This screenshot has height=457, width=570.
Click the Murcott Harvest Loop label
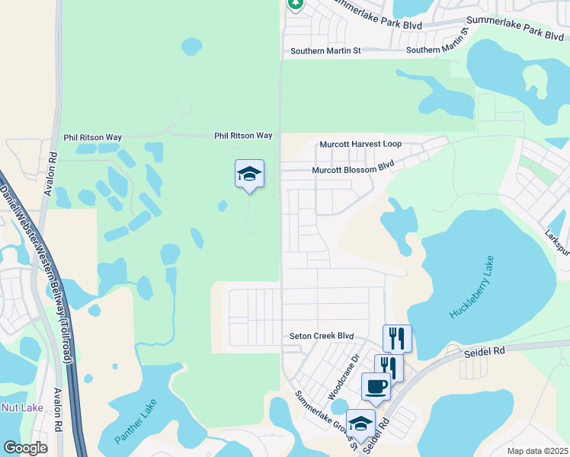[360, 144]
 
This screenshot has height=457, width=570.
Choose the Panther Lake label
[136, 422]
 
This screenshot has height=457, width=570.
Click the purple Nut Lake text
[22, 407]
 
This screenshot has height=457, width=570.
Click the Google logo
[25, 448]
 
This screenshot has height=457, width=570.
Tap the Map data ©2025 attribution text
[537, 451]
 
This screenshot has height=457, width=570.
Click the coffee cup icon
[375, 386]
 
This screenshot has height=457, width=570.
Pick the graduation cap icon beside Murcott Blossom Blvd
[249, 174]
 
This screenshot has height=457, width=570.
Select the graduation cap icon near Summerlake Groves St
[360, 423]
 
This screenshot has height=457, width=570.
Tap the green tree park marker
[296, 4]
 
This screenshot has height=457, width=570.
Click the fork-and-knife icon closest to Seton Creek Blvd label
[397, 337]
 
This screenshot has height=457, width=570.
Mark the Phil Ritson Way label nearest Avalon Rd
[93, 138]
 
